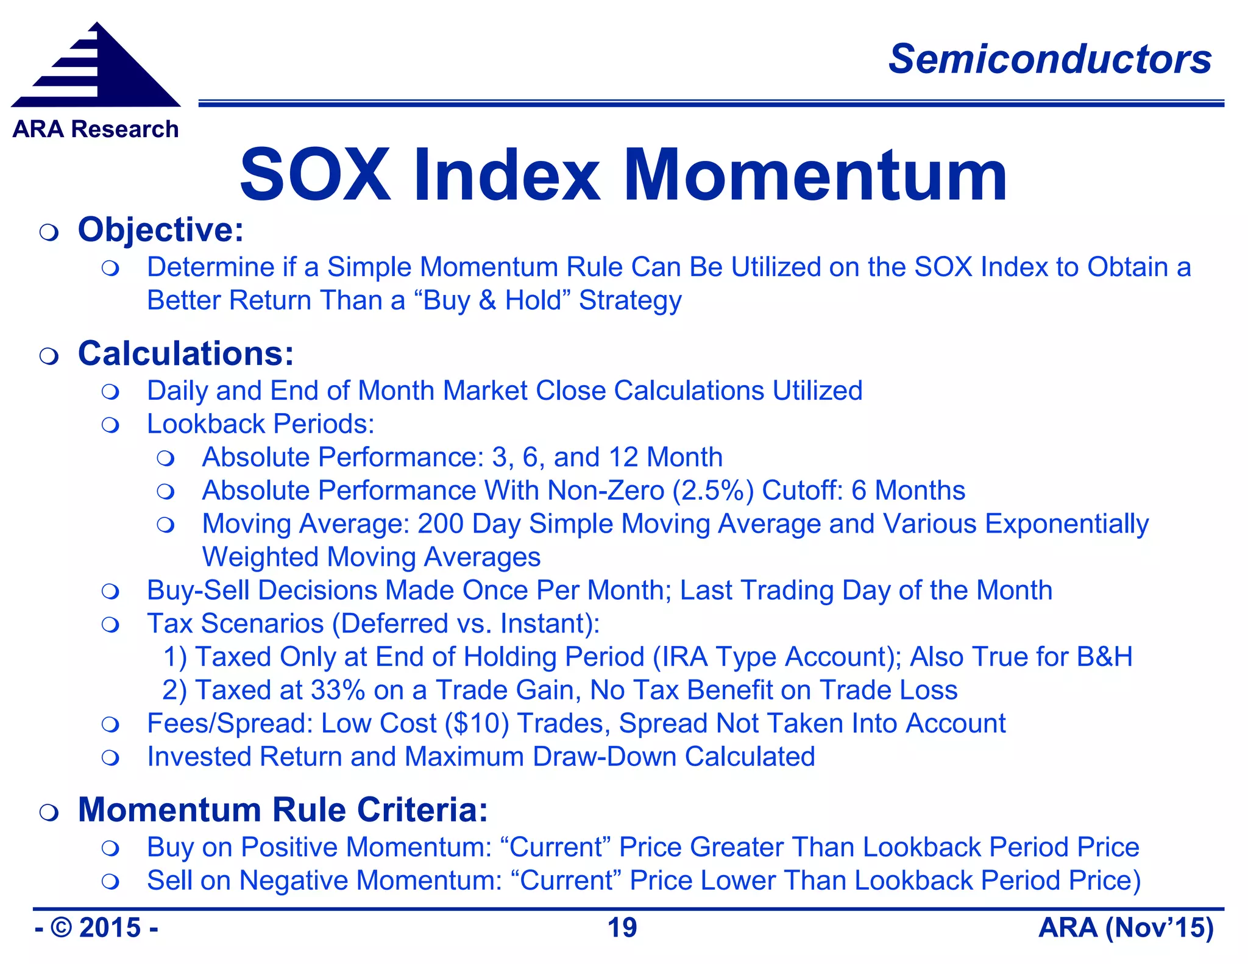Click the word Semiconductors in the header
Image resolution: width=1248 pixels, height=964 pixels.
click(x=1049, y=59)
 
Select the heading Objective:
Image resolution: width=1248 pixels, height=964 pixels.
click(x=161, y=230)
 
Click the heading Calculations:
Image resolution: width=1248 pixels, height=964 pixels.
click(x=186, y=353)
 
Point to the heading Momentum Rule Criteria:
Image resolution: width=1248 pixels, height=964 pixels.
click(x=283, y=810)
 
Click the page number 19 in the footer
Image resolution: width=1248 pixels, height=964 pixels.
click(x=622, y=928)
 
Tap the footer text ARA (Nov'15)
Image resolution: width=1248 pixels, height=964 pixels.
click(x=1126, y=928)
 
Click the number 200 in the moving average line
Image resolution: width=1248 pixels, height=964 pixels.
click(x=440, y=524)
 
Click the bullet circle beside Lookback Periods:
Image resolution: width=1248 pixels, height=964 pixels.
click(x=110, y=425)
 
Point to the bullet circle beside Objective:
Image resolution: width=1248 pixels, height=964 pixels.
click(x=49, y=232)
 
